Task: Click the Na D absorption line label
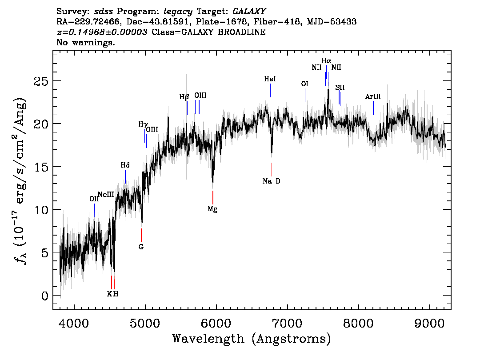[271, 181]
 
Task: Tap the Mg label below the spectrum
[212, 209]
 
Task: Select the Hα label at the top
[326, 60]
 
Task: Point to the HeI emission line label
[270, 79]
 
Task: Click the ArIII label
[373, 96]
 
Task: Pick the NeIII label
[106, 194]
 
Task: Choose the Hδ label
[125, 165]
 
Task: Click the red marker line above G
[141, 235]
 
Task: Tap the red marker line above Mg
[213, 197]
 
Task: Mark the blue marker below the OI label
[305, 95]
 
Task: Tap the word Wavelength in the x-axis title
[208, 339]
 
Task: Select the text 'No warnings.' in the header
[86, 43]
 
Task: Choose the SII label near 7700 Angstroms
[340, 87]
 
